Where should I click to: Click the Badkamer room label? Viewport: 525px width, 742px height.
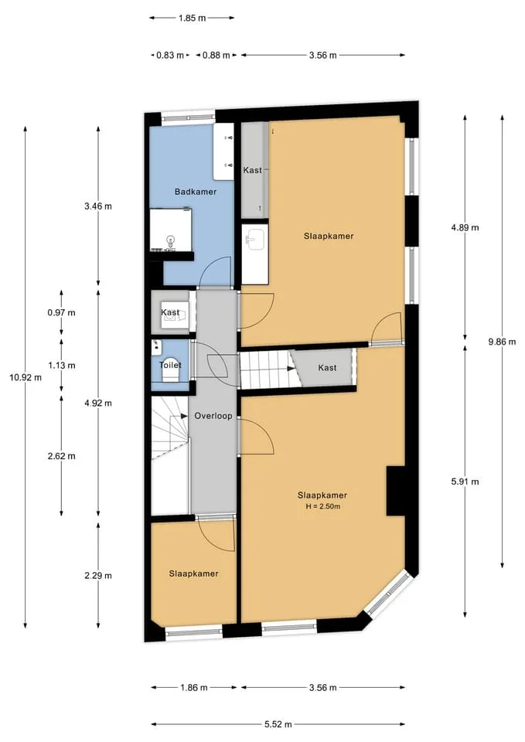195,192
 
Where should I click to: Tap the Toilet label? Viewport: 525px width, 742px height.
170,366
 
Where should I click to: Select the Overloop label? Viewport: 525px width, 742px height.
213,416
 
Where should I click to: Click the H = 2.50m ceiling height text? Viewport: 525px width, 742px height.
323,506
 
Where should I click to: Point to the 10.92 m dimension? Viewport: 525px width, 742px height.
25,377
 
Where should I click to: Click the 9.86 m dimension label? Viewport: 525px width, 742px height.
502,341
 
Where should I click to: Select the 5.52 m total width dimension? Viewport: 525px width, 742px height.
278,724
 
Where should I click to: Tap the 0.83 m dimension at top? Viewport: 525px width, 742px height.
170,56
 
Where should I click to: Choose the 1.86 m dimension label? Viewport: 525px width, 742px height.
193,688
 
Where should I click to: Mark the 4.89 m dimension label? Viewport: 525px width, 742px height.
465,227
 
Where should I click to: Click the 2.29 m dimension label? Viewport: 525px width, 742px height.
98,576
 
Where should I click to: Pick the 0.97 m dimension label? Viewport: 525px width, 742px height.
62,313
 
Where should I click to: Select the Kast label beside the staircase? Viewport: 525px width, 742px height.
327,368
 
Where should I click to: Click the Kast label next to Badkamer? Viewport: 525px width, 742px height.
252,170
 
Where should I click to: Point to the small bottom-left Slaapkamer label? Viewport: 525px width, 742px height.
193,574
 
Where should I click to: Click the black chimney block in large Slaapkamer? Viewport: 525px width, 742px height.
396,491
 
